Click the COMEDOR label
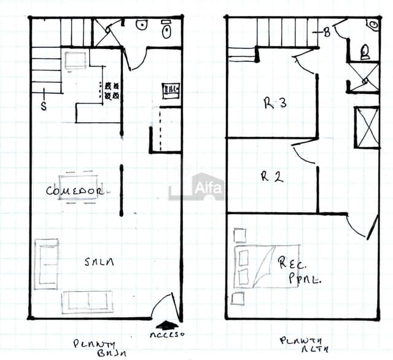coord(74,191)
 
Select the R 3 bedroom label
coord(275,104)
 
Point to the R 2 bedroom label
coord(271,177)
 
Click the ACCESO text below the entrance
coord(167,335)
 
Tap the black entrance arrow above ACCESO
coord(168,324)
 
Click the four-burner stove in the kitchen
coord(112,91)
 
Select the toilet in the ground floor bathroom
coord(166,31)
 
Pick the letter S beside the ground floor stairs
coord(44,105)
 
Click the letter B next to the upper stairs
coord(327,33)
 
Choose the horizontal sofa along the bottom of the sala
coord(87,302)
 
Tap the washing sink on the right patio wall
coord(171,90)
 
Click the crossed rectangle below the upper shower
coord(366,128)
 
